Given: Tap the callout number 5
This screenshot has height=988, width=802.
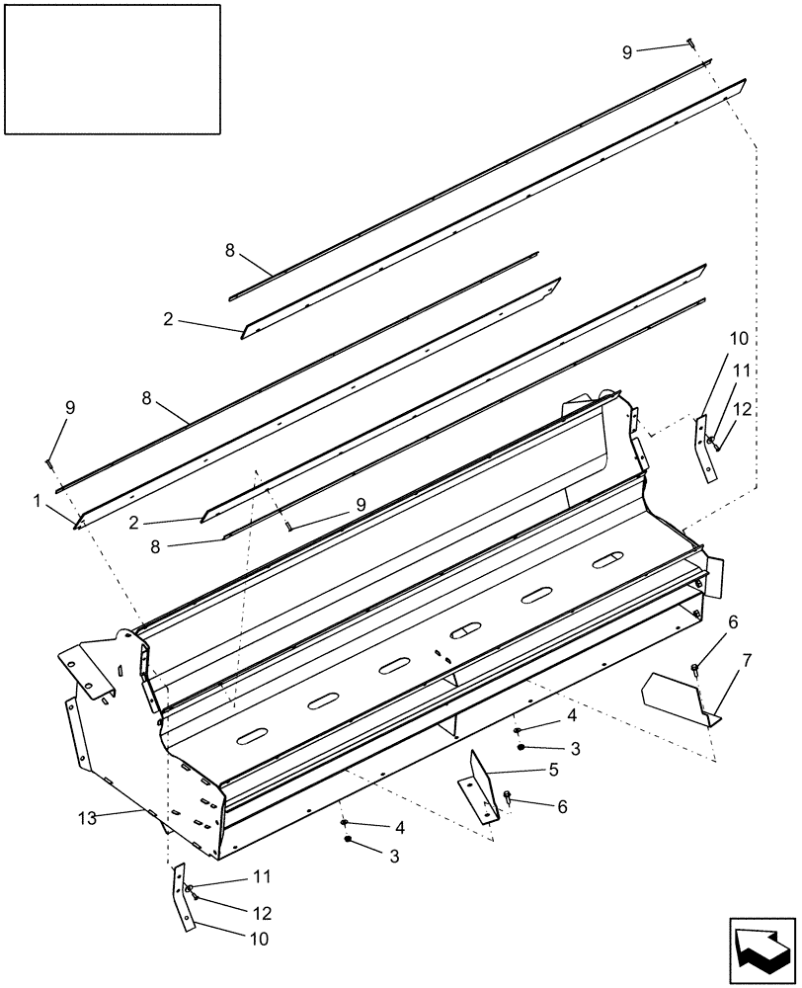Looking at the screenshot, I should point(553,769).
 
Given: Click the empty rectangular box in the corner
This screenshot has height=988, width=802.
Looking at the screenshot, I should point(112,69).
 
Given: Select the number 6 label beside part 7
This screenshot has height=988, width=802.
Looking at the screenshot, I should point(732,621).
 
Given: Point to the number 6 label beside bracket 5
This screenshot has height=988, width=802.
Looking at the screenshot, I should point(562,806).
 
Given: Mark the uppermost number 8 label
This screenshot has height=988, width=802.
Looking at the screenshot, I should point(230,251).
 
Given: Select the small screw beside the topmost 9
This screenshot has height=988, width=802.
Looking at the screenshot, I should point(690,42).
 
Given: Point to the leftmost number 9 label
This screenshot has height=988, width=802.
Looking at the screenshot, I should point(68,408).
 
